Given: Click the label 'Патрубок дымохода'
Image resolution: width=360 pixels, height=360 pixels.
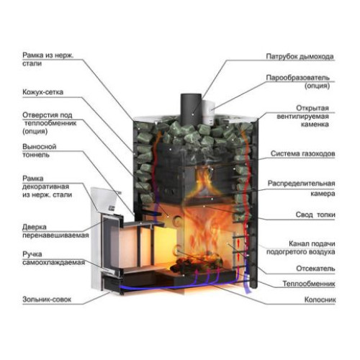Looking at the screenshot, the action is [300, 57].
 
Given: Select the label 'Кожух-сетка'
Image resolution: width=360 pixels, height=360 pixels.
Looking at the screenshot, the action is [42, 92].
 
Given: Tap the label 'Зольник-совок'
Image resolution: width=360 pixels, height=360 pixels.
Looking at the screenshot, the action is [47, 300].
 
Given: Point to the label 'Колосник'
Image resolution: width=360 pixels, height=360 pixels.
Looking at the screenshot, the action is [320, 300].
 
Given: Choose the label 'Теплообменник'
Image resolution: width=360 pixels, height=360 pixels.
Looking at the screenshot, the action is [309, 284].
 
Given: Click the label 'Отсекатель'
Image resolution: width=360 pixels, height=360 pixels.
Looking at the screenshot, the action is [315, 269].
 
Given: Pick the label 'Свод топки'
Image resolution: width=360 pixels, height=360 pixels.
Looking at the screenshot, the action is [315, 215].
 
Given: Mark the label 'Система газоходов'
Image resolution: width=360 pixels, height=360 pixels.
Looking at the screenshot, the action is [302, 153].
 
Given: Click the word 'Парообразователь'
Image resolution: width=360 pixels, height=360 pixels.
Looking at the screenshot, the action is [297, 78].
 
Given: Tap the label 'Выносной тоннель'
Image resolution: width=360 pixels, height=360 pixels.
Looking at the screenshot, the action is [40, 150].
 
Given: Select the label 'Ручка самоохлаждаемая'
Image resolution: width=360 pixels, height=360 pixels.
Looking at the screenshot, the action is [53, 258].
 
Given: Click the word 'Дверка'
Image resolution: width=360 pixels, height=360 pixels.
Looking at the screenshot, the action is [35, 227].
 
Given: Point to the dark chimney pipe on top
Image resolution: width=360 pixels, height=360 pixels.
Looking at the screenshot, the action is [191, 109].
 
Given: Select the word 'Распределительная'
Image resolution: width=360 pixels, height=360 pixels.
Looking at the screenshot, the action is [301, 184].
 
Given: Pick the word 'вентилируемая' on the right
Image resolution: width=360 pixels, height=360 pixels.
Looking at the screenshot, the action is [302, 117].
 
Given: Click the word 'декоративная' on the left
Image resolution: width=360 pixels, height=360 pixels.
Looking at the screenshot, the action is [45, 186].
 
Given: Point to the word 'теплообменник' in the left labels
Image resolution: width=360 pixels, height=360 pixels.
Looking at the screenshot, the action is [50, 123].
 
